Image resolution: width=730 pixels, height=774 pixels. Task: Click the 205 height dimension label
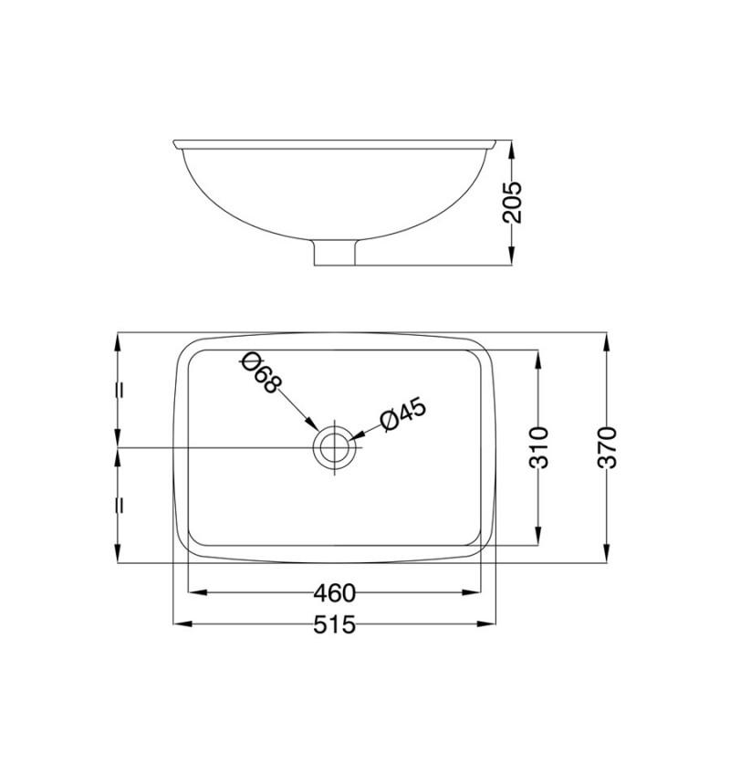pos(511,203)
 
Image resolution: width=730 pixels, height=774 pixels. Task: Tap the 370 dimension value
pos(607,447)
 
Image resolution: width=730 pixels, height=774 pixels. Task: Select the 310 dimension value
pos(538,447)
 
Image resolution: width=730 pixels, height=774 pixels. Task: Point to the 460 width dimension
pos(334,593)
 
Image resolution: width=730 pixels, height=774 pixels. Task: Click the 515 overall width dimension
pos(334,625)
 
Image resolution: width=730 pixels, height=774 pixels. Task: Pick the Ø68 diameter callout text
pos(262,372)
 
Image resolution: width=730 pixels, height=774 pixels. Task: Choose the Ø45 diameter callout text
pos(402,414)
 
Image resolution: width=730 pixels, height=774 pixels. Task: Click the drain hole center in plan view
pos(335,448)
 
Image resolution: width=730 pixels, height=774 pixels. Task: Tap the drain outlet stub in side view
pos(335,253)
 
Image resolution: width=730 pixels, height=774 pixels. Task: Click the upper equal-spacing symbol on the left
pos(119,390)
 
